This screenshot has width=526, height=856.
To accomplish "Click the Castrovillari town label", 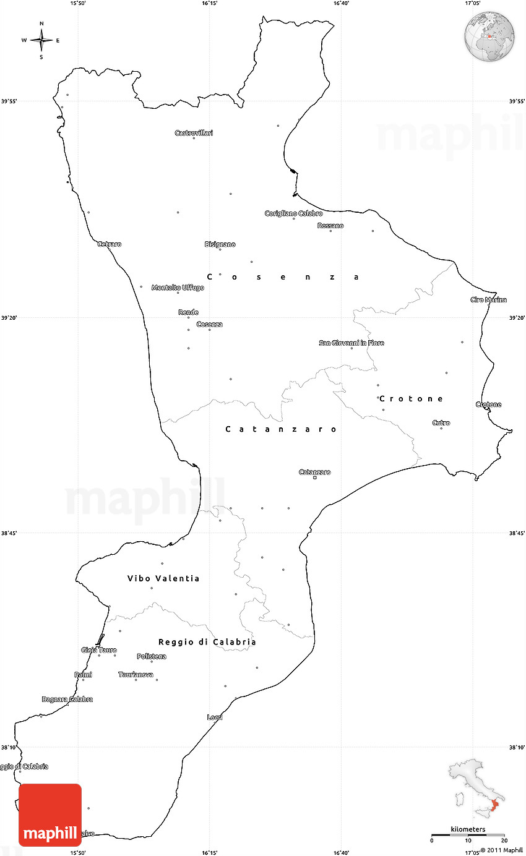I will point(194,133).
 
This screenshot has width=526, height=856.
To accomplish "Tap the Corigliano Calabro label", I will point(293,213).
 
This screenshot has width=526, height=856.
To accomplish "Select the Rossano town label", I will point(330,226).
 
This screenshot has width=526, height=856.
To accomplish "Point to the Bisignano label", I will point(220,244).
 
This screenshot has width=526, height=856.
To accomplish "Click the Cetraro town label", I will point(110,244).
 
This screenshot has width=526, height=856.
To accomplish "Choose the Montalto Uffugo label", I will point(178,288).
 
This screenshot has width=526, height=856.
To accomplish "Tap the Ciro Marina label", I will point(488,300).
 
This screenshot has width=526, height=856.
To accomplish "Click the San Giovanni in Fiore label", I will point(351,343).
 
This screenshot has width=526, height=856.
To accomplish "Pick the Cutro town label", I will point(441,423).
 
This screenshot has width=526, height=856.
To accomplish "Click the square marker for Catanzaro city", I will point(314,477).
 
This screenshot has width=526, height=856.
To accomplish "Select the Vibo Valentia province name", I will point(163,578).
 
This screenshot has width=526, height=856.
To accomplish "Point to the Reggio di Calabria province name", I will point(207,642).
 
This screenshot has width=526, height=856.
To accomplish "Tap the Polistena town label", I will point(152,656).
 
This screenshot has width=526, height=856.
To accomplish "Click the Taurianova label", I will point(136,674).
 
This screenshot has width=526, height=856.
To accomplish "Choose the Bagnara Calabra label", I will point(67,700).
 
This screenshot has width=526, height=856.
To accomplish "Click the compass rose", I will point(41,40).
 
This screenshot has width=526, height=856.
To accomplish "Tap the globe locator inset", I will point(489,36).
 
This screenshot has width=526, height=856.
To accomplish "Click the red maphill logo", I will point(50,815).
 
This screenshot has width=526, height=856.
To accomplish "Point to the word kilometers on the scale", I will point(468,829).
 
